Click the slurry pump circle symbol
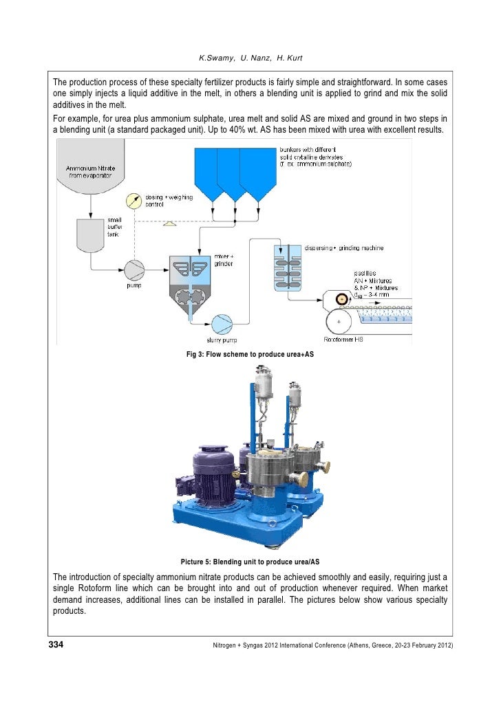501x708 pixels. tap(222, 324)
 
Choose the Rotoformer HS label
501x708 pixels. tap(343, 340)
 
